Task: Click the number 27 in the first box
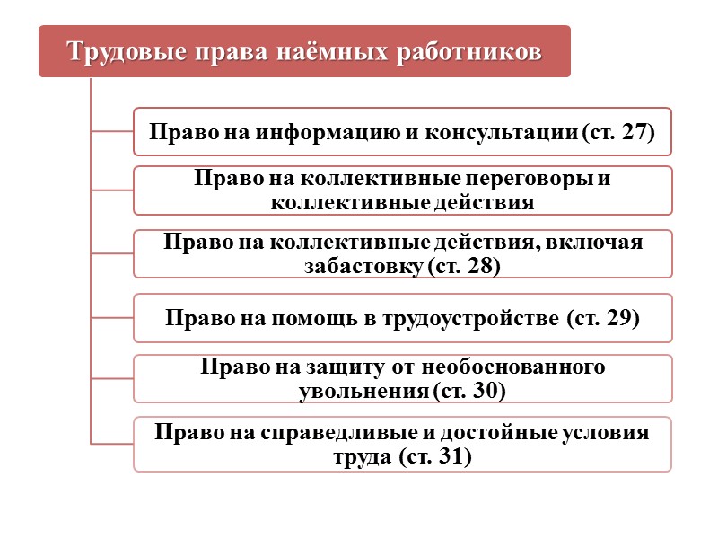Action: tap(634, 133)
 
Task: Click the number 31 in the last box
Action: tap(449, 456)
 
